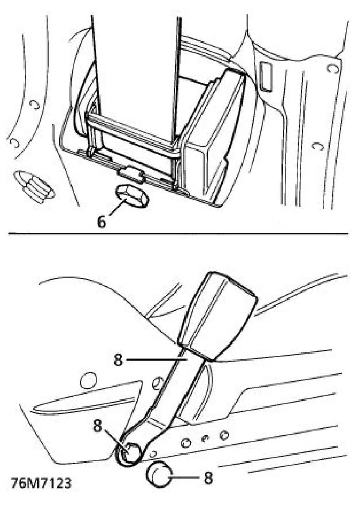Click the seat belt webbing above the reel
(x=134, y=55)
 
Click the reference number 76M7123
(x=41, y=483)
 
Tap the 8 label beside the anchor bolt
(x=97, y=426)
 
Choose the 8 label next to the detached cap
(x=208, y=478)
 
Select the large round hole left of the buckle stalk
(x=88, y=381)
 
